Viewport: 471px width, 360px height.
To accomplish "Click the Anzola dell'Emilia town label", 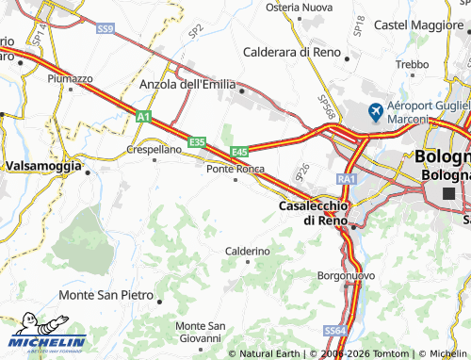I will click(x=187, y=84).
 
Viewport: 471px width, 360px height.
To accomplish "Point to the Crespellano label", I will click(x=154, y=150).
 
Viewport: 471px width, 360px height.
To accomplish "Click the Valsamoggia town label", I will click(x=42, y=165).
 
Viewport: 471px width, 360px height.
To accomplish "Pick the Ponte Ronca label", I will click(x=235, y=169).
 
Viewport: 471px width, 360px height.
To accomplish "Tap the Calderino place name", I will click(x=248, y=252).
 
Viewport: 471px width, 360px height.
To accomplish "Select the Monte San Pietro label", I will click(x=106, y=295).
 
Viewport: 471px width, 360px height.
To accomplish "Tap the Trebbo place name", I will click(x=412, y=64).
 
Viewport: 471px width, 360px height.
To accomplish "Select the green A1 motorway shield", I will click(x=143, y=117).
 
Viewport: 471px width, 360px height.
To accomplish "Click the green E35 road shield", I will click(x=197, y=141).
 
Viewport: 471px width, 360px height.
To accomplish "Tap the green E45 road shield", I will click(x=239, y=152).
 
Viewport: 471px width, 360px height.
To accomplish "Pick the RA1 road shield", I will click(x=347, y=178).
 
